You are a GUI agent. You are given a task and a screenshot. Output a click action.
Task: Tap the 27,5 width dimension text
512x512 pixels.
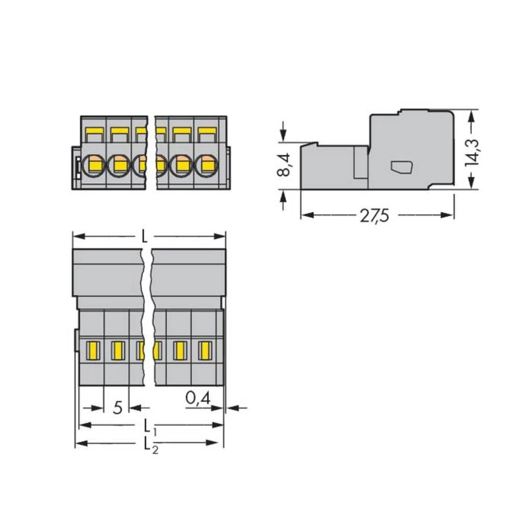[x=374, y=216]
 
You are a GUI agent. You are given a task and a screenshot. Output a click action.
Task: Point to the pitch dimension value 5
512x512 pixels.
[x=118, y=408]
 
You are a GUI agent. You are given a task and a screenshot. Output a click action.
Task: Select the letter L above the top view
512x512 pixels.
[x=145, y=237]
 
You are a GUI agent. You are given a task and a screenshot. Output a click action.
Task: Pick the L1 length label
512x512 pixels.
[x=148, y=425]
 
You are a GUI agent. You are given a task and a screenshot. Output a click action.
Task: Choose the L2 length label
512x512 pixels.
[x=148, y=443]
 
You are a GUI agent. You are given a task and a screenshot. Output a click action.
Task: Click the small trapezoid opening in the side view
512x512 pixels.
[x=402, y=166]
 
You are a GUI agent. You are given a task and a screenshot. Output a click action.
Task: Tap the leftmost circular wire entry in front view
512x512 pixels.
[x=94, y=165]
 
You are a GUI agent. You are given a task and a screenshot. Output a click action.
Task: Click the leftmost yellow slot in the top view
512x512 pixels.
[x=92, y=351]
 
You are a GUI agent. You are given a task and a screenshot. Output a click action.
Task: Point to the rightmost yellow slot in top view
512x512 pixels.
[x=204, y=351]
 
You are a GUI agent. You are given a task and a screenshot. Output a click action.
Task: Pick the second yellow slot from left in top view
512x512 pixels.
[x=117, y=351]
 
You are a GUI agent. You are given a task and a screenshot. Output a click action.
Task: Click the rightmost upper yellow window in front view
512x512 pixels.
[x=206, y=135]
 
